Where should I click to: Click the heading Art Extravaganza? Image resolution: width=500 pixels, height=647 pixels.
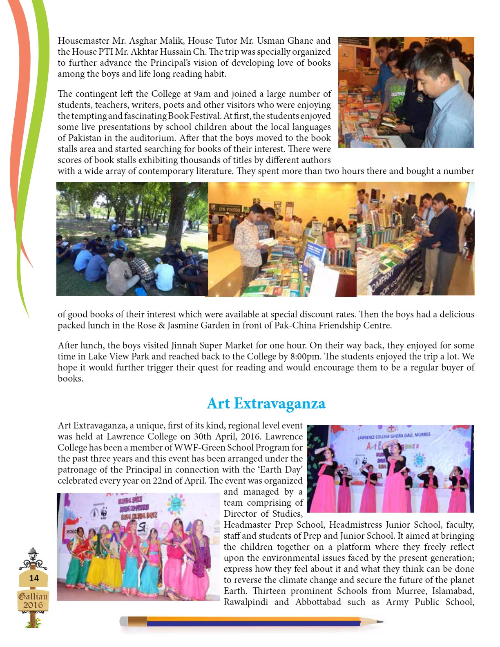pos(266,404)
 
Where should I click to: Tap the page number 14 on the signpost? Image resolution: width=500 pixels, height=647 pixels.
pos(34,578)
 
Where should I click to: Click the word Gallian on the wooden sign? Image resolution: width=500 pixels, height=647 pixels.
pos(33,596)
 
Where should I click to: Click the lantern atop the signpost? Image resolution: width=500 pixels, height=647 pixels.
pos(33,554)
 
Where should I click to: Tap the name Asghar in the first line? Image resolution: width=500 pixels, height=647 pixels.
pos(143,41)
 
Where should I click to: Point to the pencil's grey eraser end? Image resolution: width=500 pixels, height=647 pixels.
pos(124,622)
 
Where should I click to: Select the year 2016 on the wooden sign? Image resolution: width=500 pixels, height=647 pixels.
pos(33,605)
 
